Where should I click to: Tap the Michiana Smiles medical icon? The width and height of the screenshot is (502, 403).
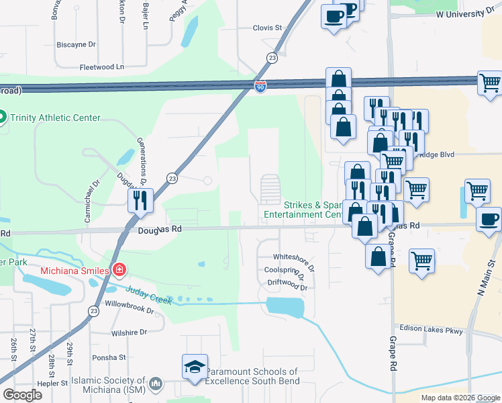[119, 270]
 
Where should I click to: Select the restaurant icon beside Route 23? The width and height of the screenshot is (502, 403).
[141, 200]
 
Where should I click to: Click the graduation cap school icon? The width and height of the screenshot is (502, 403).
[195, 367]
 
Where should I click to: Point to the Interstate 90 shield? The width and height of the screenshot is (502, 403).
[260, 86]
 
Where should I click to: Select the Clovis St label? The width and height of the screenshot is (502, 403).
[267, 28]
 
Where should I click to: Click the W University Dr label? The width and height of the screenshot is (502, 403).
[464, 13]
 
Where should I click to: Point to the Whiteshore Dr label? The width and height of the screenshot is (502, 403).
[293, 257]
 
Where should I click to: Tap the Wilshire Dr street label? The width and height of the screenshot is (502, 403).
[129, 332]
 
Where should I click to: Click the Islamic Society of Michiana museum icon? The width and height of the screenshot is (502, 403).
[156, 384]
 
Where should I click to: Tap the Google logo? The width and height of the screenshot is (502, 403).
[23, 395]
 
